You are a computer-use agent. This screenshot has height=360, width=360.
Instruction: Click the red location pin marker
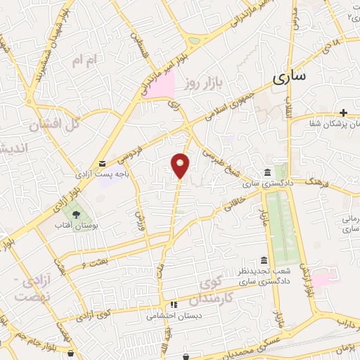181,165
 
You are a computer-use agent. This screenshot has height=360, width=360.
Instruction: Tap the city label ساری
288,77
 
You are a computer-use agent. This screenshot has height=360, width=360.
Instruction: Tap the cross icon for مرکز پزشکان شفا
343,113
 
